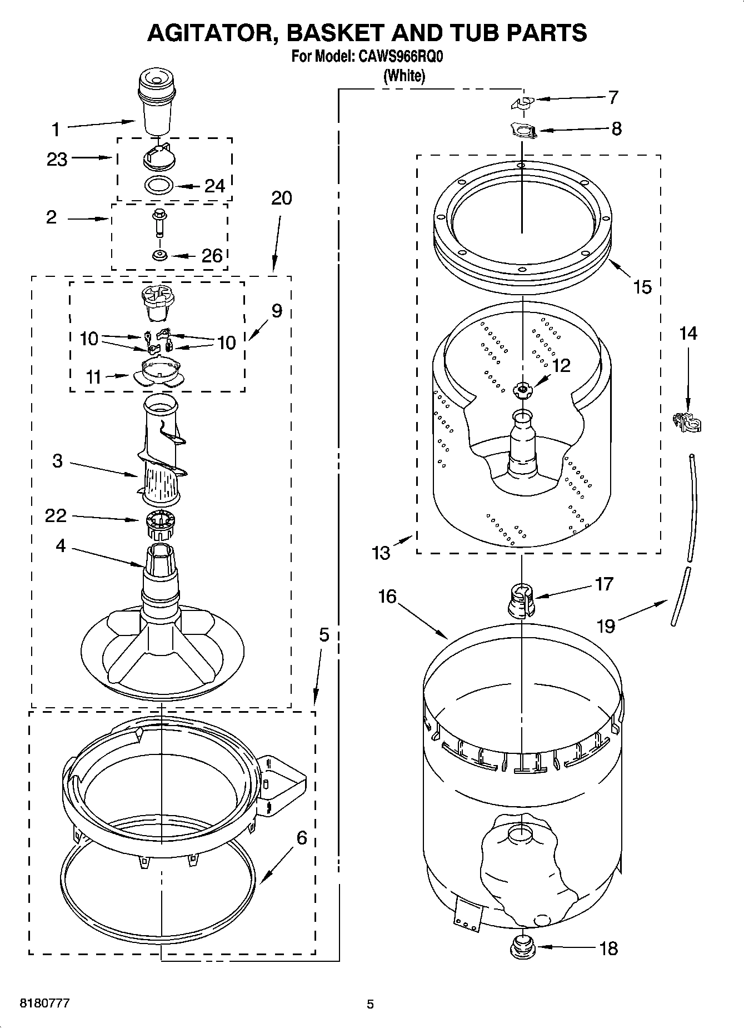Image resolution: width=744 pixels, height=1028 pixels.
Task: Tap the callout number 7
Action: [x=613, y=97]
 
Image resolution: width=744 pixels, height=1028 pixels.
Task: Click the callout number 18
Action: [x=609, y=948]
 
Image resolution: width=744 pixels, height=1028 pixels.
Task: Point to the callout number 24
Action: [x=214, y=186]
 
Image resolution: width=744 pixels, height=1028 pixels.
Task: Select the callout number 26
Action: [x=211, y=256]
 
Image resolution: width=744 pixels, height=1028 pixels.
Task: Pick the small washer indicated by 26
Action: [x=160, y=255]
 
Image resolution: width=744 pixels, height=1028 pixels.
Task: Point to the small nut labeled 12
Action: [x=521, y=390]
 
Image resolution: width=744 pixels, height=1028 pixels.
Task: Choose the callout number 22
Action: [x=56, y=515]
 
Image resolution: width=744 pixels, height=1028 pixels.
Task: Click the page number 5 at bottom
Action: [x=370, y=1004]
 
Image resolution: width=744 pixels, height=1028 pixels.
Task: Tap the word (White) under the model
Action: [x=404, y=76]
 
